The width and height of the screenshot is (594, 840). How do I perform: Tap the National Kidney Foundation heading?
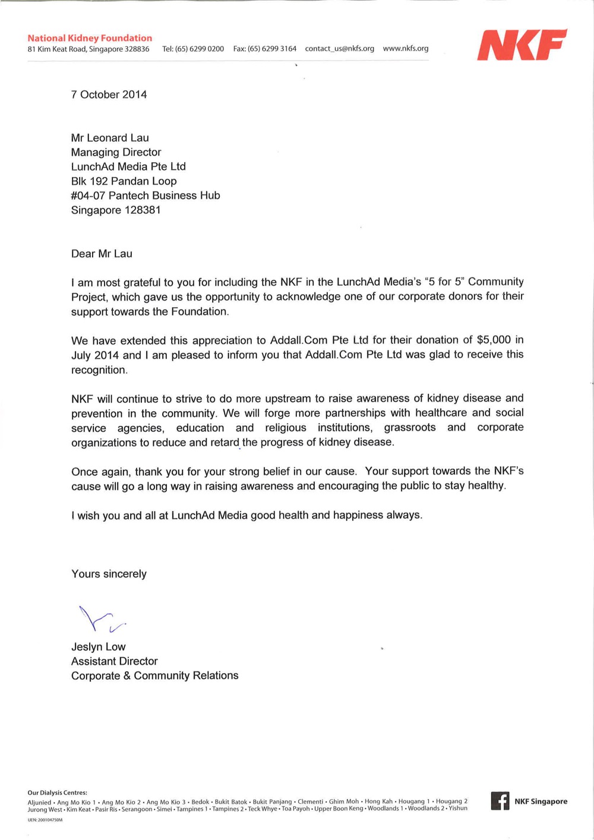pyautogui.click(x=90, y=38)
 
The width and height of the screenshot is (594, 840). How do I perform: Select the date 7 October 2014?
pyautogui.click(x=109, y=94)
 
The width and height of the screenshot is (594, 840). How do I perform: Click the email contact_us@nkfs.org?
pyautogui.click(x=339, y=49)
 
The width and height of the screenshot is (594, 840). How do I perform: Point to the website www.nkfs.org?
pyautogui.click(x=405, y=49)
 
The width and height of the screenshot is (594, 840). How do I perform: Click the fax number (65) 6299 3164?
pyautogui.click(x=271, y=49)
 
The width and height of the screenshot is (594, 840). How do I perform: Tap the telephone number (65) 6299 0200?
pyautogui.click(x=199, y=49)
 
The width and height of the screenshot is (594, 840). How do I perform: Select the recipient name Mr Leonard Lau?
pyautogui.click(x=110, y=138)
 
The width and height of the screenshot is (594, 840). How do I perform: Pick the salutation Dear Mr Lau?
pyautogui.click(x=102, y=254)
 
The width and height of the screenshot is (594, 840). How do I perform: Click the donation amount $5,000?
pyautogui.click(x=494, y=340)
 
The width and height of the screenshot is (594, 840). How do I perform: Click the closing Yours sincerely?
pyautogui.click(x=109, y=574)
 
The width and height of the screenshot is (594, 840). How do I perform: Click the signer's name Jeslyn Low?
pyautogui.click(x=98, y=647)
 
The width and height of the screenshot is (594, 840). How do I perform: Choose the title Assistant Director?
pyautogui.click(x=114, y=661)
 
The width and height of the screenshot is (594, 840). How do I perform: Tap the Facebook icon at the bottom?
pyautogui.click(x=500, y=801)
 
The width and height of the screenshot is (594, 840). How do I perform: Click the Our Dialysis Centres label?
pyautogui.click(x=57, y=792)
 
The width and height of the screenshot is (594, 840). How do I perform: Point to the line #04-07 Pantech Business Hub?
pyautogui.click(x=146, y=195)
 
